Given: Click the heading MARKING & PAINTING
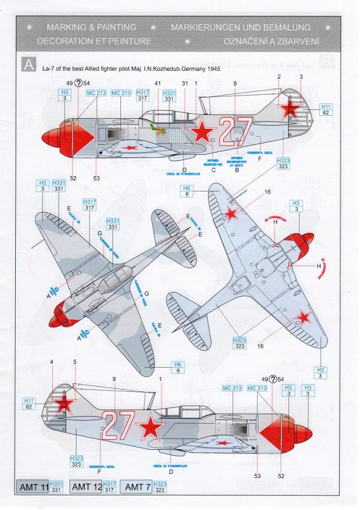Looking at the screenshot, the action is click(91, 27).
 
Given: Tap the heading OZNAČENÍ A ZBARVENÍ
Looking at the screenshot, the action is click(271, 41).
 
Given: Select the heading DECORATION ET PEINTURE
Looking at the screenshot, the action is click(94, 41).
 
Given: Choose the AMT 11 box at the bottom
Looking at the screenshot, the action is click(33, 486).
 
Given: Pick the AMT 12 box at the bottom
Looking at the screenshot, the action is click(86, 486).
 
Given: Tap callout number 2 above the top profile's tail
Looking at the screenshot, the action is click(279, 77).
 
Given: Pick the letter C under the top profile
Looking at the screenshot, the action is click(213, 169).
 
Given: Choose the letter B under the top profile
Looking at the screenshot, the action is click(237, 169).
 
